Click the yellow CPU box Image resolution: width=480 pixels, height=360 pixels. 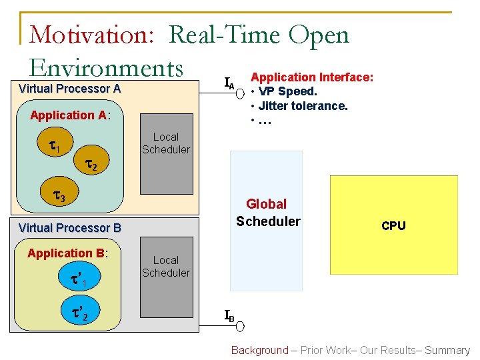click(x=393, y=225)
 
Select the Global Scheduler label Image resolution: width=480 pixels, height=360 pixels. click(x=268, y=213)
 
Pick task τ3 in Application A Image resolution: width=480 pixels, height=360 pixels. click(x=59, y=197)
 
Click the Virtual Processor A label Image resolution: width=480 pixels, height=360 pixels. click(x=69, y=89)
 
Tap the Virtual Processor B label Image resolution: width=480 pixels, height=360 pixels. click(x=70, y=228)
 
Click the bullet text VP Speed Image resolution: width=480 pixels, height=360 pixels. click(x=287, y=91)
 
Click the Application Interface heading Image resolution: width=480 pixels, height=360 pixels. click(x=311, y=77)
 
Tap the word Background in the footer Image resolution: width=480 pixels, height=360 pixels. click(x=259, y=350)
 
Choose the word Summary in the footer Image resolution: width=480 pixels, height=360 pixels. click(x=447, y=350)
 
